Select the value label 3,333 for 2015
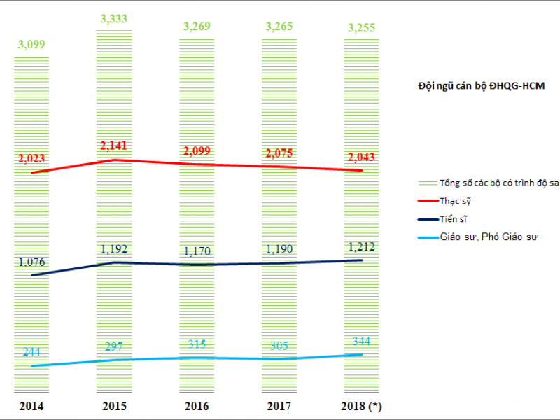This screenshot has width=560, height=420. pos(113,20)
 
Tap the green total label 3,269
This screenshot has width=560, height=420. pos(197,27)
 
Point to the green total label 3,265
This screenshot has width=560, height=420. pos(279,27)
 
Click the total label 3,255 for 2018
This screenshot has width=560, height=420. pos(361,29)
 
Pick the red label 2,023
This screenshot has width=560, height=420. pos(31,158)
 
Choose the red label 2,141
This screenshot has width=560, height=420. pos(115,147)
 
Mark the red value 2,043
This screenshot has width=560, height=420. pos(361,157)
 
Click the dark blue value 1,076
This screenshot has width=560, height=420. pos(31,262)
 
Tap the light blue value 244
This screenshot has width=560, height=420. pos(31,352)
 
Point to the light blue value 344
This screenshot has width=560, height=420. pos(361,342)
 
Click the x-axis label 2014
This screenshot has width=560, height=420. pos(31,406)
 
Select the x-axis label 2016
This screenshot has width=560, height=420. pos(197,406)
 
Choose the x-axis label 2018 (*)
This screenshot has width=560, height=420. pos(363,406)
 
